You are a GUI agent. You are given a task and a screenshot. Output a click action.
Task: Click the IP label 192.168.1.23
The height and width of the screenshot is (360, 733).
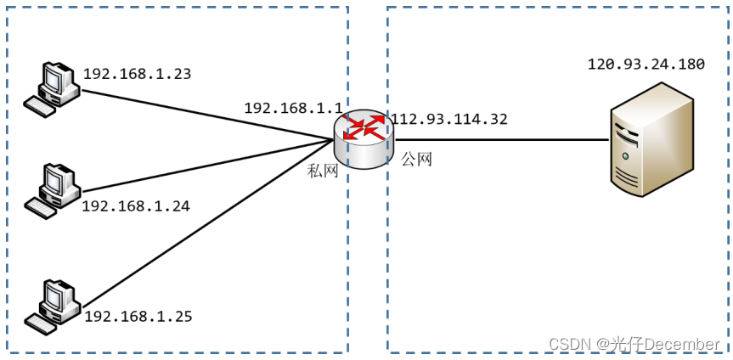(x=137, y=74)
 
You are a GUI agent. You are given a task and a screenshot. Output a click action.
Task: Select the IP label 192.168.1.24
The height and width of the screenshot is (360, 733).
(x=136, y=205)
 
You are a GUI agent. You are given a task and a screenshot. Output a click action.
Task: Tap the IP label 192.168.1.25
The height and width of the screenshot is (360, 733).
(x=138, y=317)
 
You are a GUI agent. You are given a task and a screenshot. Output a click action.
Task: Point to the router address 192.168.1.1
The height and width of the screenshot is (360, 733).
(x=293, y=108)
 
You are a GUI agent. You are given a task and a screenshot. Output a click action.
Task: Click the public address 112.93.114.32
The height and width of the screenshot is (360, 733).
(x=448, y=119)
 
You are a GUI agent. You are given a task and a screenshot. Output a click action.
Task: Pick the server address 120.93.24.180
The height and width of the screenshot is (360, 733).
(x=646, y=65)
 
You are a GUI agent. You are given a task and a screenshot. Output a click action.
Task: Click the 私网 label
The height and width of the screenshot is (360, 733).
(x=323, y=172)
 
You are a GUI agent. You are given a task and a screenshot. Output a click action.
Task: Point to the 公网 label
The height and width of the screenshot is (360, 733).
(x=417, y=159)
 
